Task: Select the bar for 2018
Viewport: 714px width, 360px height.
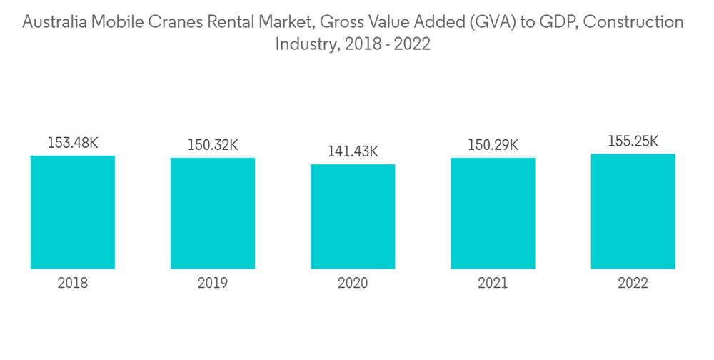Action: pos(73,212)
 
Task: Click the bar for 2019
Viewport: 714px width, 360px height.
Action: pos(213,213)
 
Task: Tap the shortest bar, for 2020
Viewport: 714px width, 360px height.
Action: pos(353,216)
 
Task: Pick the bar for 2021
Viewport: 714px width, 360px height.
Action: pos(493,213)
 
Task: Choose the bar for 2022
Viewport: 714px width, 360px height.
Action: pos(633,211)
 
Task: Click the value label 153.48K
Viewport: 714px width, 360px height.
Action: pos(73,143)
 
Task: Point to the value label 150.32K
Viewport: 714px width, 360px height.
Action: pos(213,145)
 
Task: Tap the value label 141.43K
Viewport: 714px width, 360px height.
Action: pos(353,151)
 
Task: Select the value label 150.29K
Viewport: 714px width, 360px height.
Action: pos(493,145)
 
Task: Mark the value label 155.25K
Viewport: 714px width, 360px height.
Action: pos(633,141)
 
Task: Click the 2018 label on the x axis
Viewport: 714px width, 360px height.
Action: pos(73,284)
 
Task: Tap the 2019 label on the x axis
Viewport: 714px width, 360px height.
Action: pos(213,284)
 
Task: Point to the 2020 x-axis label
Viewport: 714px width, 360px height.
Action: pos(353,284)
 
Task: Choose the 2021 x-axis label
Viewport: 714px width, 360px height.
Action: pos(493,284)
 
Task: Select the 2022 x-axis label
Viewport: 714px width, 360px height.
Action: pos(633,284)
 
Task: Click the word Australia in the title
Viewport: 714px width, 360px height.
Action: pos(55,23)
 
